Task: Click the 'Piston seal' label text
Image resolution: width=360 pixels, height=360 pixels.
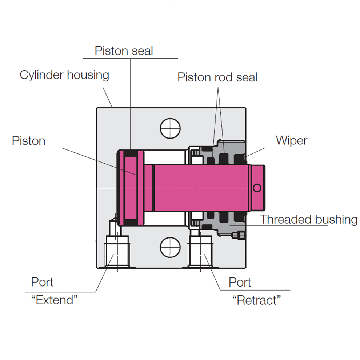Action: coord(124,51)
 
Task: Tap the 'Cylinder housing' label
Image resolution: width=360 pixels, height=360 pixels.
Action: coord(64,75)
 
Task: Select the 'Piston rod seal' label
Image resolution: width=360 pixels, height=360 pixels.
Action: coord(217,77)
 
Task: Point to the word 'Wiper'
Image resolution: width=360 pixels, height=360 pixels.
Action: coord(291,140)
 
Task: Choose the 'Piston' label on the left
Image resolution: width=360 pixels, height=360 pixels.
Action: coord(29,141)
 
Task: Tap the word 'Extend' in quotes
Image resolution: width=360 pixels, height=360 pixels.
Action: coord(55,300)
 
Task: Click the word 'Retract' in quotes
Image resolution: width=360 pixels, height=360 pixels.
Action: coord(257,300)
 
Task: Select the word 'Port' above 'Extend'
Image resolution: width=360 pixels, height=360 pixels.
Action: coord(42,282)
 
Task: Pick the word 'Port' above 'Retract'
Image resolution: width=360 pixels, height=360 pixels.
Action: coord(240,282)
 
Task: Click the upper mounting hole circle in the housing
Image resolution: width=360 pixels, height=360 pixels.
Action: coord(170,128)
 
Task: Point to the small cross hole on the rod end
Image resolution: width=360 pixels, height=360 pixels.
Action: coord(257,188)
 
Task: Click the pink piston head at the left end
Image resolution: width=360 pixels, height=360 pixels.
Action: coord(131,187)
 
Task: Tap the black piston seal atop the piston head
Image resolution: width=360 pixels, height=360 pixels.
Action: coord(131,153)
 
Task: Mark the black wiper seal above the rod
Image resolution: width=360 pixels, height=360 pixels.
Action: coord(239,159)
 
